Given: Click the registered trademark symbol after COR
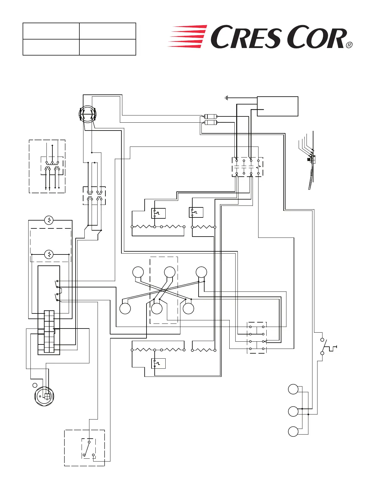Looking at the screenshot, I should click(x=349, y=45).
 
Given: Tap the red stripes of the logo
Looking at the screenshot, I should click(x=188, y=36).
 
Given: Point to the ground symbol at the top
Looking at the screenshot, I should click(x=226, y=98).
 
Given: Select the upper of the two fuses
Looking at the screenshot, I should click(x=210, y=116).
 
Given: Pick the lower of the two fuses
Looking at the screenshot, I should click(x=210, y=122).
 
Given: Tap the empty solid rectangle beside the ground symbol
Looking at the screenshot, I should click(x=277, y=106).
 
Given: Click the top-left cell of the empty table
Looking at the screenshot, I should click(x=51, y=31).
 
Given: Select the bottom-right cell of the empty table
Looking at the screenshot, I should click(x=108, y=47).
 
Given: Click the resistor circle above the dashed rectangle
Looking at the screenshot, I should click(x=49, y=220).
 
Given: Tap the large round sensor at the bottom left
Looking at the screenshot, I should click(x=44, y=396).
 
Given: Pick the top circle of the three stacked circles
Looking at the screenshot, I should click(x=293, y=389).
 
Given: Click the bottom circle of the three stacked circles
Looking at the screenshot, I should click(x=293, y=431).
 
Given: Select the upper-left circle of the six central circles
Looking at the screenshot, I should click(x=138, y=272).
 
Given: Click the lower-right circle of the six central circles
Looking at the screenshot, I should click(x=188, y=308).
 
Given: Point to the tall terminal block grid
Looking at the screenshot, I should click(x=49, y=332).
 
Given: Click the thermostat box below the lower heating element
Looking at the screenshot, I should click(x=158, y=363).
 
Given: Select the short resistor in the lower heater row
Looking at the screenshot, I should click(x=204, y=350).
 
